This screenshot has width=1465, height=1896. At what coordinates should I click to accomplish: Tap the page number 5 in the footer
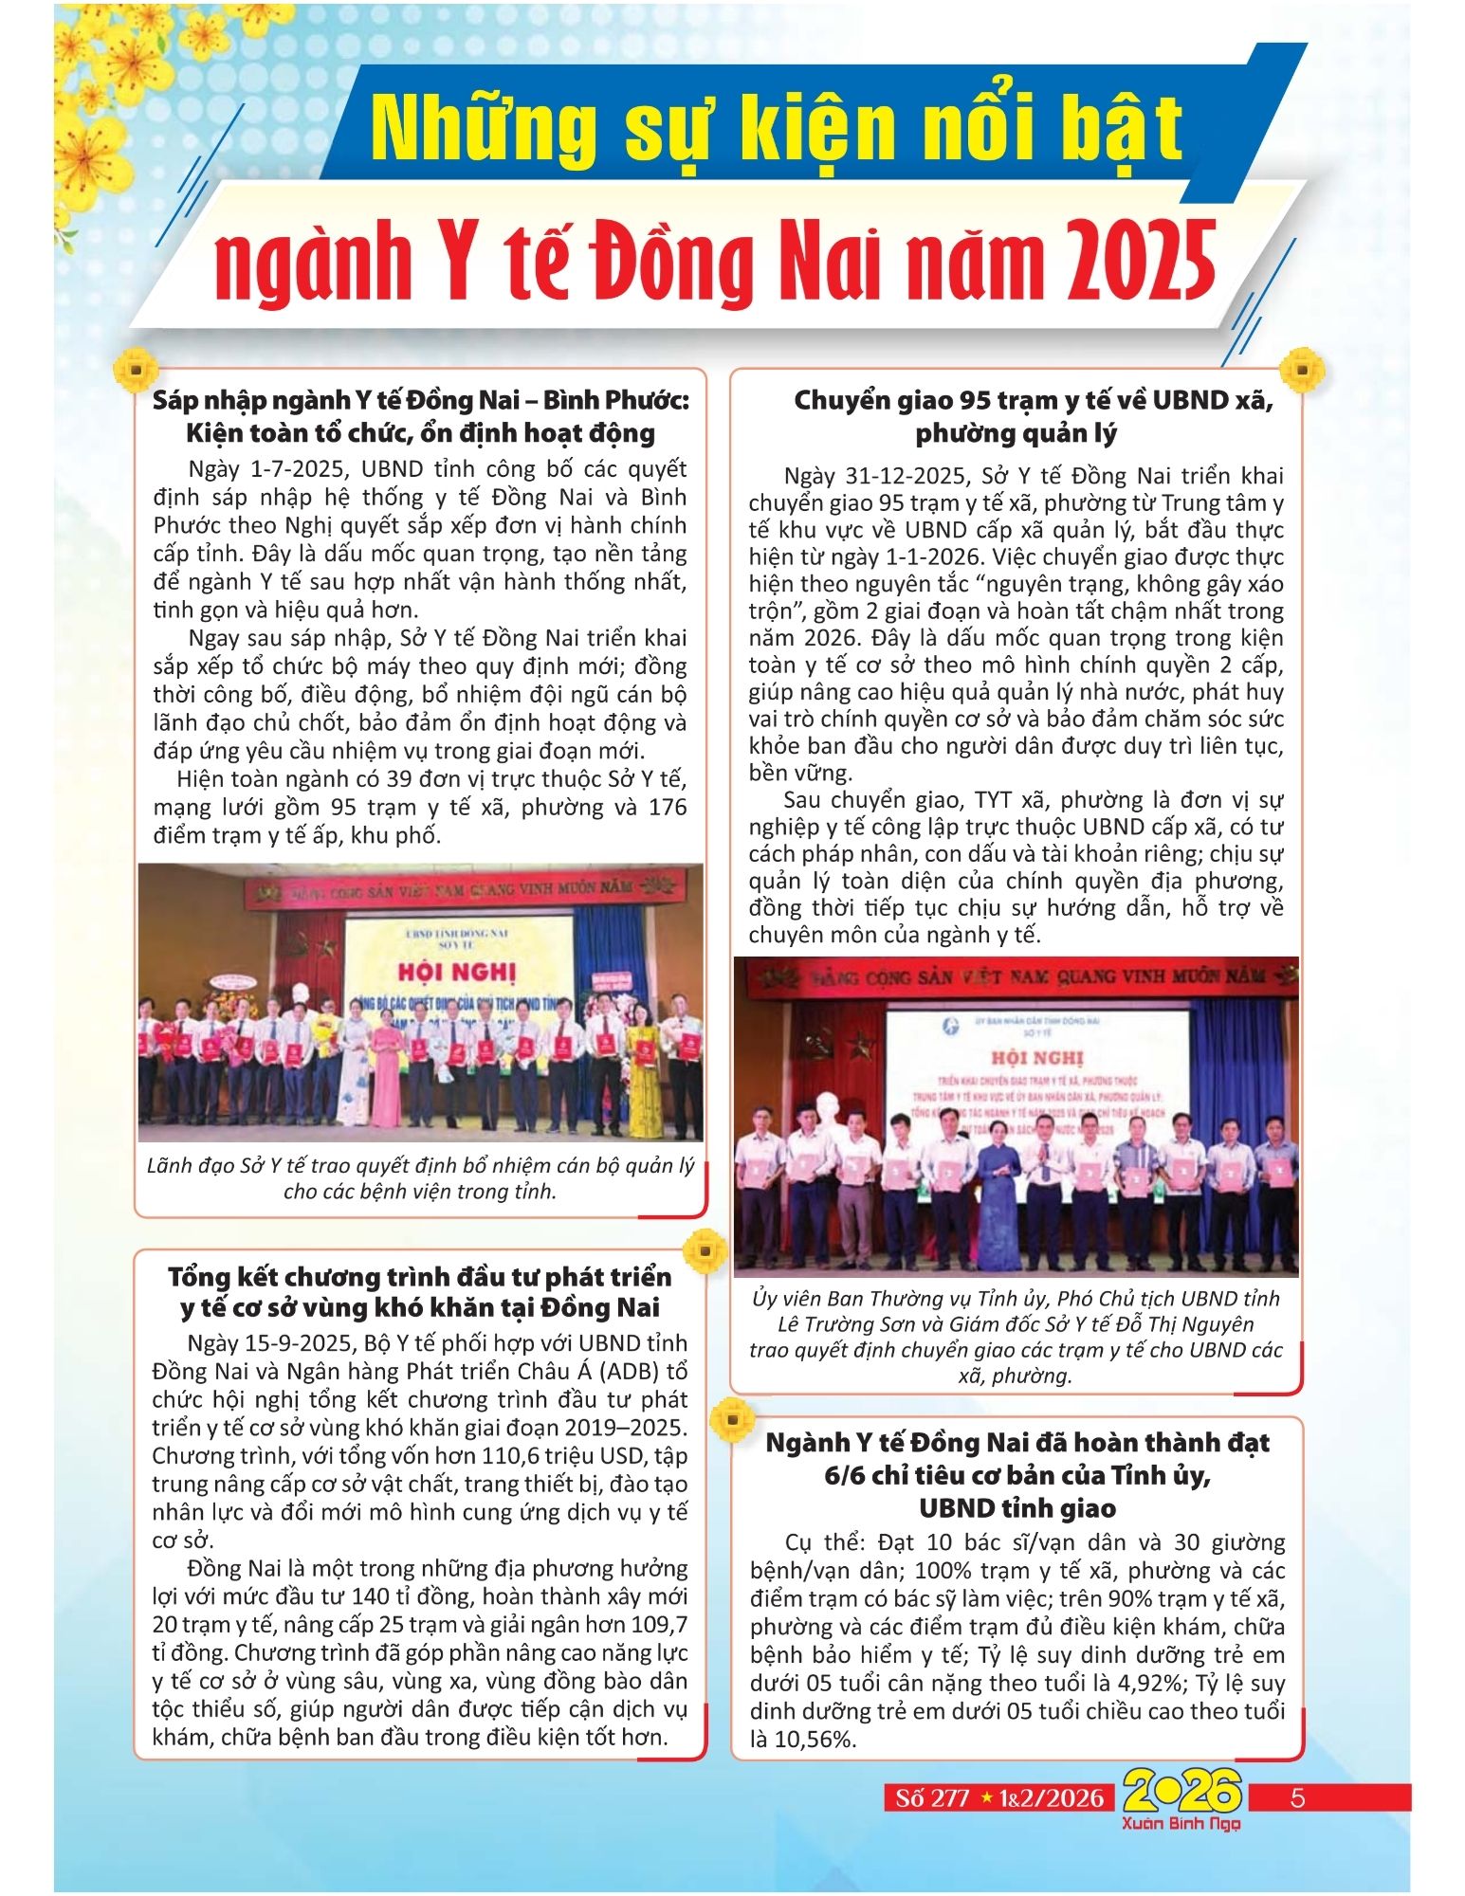[x=1298, y=1798]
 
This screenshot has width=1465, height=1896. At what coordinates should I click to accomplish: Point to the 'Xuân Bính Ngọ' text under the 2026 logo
[x=1181, y=1824]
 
